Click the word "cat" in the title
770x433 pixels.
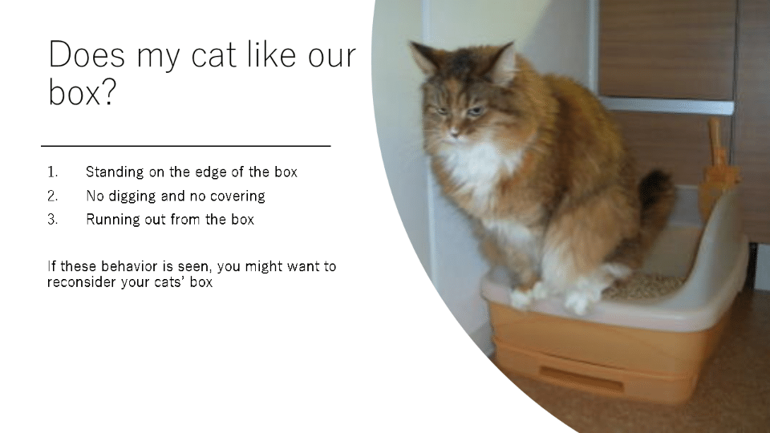tap(213, 55)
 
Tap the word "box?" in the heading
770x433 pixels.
tap(82, 92)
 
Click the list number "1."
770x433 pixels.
tap(53, 172)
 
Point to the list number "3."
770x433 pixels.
tap(53, 220)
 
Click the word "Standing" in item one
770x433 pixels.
tap(115, 172)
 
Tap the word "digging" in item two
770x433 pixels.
tap(132, 196)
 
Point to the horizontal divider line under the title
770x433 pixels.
tap(185, 146)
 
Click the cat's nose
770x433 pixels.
tap(455, 132)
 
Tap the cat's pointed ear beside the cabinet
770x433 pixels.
tap(504, 62)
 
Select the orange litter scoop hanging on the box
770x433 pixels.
tap(718, 167)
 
